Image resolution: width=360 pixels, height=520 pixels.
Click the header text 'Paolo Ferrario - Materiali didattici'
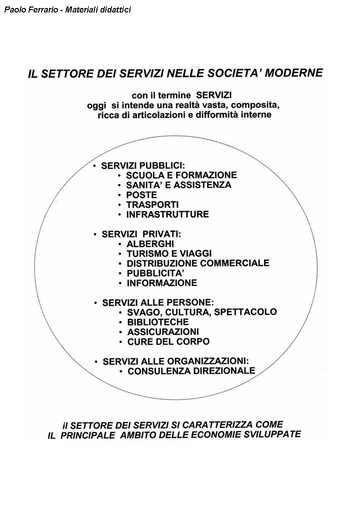(x=67, y=9)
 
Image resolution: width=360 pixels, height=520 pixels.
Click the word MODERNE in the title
(x=294, y=73)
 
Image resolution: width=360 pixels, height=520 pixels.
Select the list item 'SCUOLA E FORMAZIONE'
(x=181, y=175)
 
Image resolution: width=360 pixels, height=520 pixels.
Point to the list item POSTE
(x=141, y=195)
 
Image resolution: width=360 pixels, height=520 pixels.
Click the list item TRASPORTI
(x=152, y=204)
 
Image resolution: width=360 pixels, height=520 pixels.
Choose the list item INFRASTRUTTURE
(x=167, y=214)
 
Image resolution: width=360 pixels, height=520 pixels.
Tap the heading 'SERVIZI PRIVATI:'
(x=141, y=234)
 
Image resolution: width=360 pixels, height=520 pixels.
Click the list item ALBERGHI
(x=150, y=244)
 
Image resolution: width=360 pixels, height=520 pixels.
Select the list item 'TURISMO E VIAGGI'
(x=169, y=253)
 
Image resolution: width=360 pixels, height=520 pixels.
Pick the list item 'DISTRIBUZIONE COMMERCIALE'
(x=198, y=263)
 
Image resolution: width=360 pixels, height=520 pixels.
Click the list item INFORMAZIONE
(x=162, y=283)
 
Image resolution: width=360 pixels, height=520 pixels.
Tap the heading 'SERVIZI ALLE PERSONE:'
(x=158, y=302)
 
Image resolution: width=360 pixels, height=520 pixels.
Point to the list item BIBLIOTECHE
(x=158, y=322)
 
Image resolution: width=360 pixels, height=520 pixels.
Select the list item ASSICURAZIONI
(x=163, y=331)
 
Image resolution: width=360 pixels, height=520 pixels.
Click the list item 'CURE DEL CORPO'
(x=168, y=341)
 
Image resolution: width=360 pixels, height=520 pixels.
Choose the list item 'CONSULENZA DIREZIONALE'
(x=191, y=371)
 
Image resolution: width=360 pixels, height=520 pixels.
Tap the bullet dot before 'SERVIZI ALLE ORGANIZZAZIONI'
(x=96, y=361)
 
